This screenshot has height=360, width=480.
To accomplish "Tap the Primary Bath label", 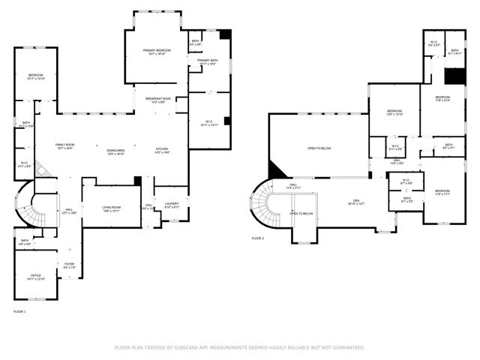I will [x=208, y=62].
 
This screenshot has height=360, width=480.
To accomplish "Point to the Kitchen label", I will [x=162, y=150].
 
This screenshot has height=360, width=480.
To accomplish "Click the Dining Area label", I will [x=115, y=151].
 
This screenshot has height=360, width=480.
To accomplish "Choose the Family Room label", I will [x=65, y=146].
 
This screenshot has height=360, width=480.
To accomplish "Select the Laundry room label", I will [x=172, y=206].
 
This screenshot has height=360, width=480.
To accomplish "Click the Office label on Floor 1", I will [x=35, y=277].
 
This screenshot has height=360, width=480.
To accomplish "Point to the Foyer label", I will [x=69, y=265].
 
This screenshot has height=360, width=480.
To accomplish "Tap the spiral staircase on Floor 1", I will [x=27, y=206].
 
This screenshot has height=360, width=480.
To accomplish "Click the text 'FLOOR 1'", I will [x=19, y=310].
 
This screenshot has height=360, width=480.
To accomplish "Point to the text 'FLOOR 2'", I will [x=258, y=238].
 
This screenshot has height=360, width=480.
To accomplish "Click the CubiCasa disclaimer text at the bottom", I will [x=239, y=347].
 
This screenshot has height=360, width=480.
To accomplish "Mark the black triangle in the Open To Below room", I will [x=275, y=172].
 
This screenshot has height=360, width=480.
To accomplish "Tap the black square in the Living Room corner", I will [x=137, y=181].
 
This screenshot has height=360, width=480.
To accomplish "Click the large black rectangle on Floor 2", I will [x=452, y=76].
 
